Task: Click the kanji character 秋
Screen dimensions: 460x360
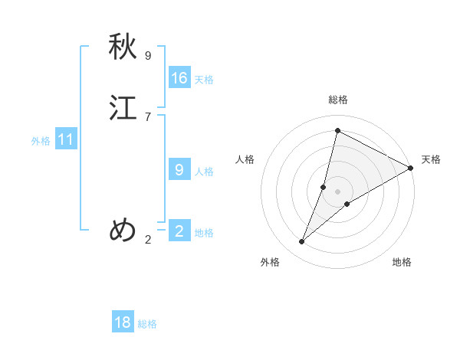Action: [x=123, y=48]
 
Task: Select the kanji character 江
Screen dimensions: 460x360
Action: [x=123, y=108]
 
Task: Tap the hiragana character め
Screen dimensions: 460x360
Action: [x=123, y=229]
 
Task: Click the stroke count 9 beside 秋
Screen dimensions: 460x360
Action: [x=148, y=56]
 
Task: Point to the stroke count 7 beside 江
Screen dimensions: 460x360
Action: [x=148, y=116]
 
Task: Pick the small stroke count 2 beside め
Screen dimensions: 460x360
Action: [x=148, y=240]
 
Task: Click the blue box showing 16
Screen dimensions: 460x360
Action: [x=179, y=78]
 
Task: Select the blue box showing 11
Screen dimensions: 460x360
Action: [x=66, y=139]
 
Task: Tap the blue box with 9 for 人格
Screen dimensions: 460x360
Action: [x=179, y=170]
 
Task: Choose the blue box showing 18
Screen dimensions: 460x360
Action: [x=123, y=322]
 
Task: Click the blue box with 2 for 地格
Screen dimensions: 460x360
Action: [x=179, y=231]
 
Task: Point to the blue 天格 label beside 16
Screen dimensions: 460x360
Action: [x=204, y=80]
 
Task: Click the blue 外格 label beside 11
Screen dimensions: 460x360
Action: [x=41, y=141]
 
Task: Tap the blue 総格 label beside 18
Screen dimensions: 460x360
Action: [x=147, y=324]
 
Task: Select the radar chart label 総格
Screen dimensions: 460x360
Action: [x=338, y=100]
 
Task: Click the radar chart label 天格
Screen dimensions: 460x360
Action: [x=431, y=159]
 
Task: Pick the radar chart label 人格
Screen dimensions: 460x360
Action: [x=245, y=159]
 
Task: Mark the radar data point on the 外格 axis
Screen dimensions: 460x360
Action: [x=302, y=242]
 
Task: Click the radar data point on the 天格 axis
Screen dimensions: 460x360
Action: [x=411, y=168]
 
